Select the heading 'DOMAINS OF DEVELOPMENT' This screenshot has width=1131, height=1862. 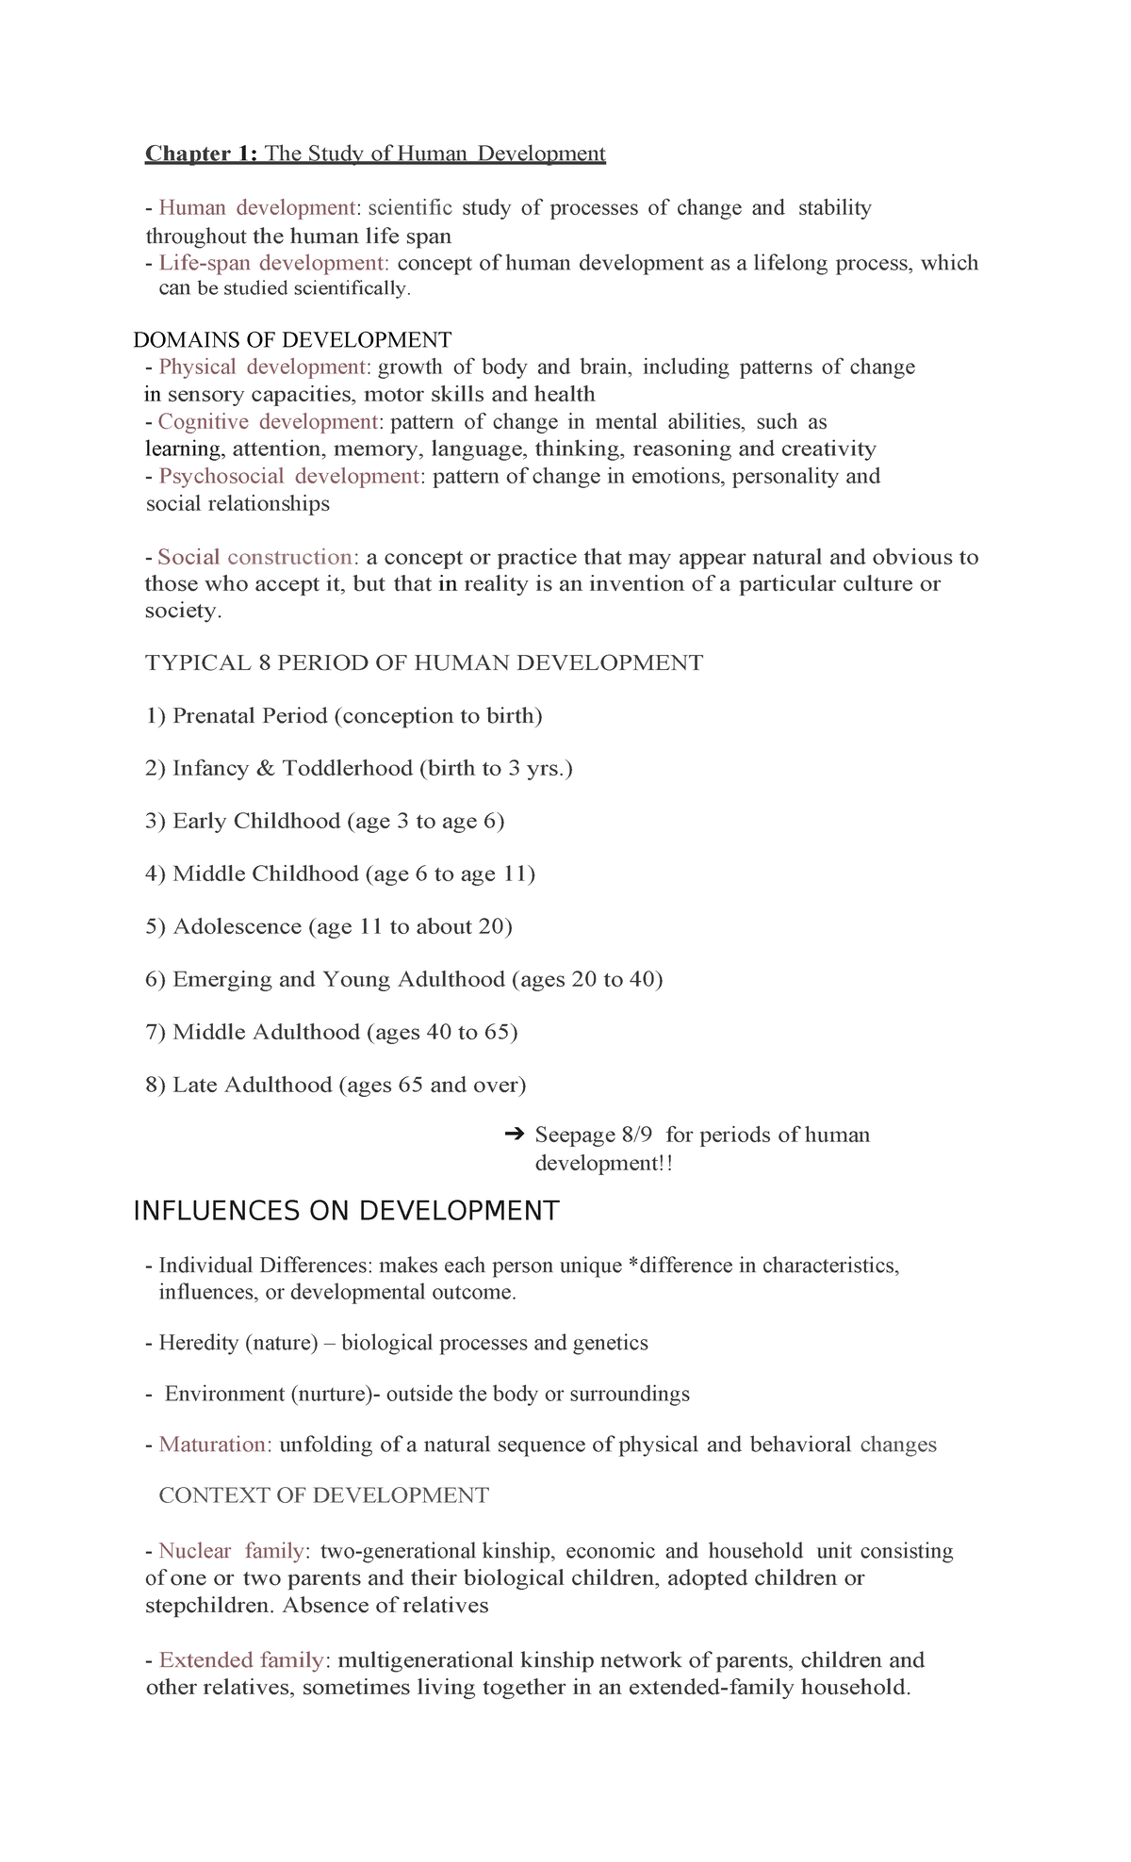(x=292, y=340)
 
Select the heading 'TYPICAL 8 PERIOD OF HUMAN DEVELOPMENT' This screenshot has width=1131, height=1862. (x=424, y=663)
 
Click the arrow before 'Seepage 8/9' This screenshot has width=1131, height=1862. (x=515, y=1135)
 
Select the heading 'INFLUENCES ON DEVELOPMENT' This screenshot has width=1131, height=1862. (x=346, y=1211)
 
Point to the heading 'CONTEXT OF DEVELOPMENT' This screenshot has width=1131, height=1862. (x=323, y=1495)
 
